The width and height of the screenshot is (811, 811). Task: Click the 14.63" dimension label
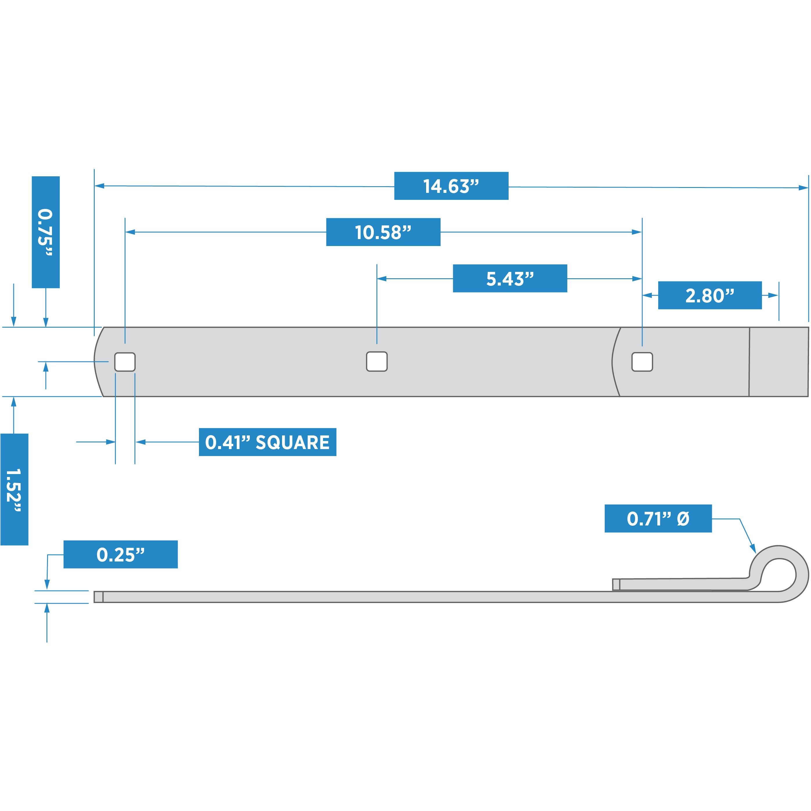pyautogui.click(x=451, y=186)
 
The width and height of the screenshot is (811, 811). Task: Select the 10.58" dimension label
pyautogui.click(x=383, y=232)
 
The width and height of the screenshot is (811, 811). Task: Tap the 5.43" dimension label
pyautogui.click(x=510, y=278)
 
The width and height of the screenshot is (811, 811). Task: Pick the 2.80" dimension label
pyautogui.click(x=710, y=295)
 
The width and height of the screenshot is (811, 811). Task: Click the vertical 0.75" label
pyautogui.click(x=46, y=232)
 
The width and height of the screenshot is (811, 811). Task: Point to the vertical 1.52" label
pyautogui.click(x=14, y=489)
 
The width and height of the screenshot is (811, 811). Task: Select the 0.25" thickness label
pyautogui.click(x=121, y=555)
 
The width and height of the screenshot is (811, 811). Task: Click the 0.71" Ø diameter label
pyautogui.click(x=658, y=518)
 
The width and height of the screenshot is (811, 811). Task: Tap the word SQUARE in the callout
pyautogui.click(x=293, y=442)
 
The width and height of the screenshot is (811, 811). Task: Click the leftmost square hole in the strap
pyautogui.click(x=125, y=362)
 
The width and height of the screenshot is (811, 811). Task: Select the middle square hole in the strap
pyautogui.click(x=376, y=361)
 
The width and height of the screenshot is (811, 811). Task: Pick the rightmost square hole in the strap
pyautogui.click(x=642, y=362)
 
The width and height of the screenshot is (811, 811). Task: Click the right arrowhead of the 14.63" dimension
pyautogui.click(x=803, y=188)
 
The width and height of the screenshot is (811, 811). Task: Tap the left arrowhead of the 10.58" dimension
pyautogui.click(x=130, y=232)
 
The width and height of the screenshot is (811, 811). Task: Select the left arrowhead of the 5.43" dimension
pyautogui.click(x=382, y=278)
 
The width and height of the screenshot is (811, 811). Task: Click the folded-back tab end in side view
pyautogui.click(x=616, y=584)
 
